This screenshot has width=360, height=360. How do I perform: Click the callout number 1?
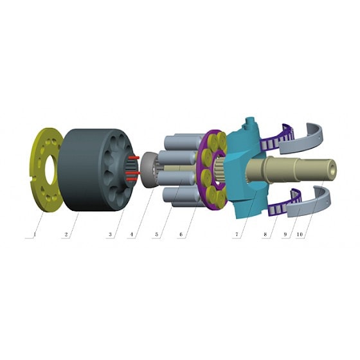tap(35, 235)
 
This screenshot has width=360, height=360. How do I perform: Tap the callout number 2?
tap(66, 235)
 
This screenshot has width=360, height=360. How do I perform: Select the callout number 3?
tap(110, 235)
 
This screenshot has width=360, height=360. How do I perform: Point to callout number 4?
tap(131, 235)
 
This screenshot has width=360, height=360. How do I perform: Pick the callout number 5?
tap(157, 235)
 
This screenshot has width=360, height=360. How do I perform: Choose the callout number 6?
tap(181, 235)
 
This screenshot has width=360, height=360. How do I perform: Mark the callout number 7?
tap(237, 235)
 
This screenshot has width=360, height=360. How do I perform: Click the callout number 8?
tap(265, 235)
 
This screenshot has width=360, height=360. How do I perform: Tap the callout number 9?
tap(285, 235)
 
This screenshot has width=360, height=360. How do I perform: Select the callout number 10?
tap(300, 235)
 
